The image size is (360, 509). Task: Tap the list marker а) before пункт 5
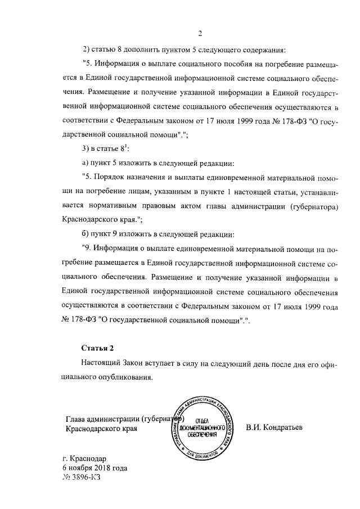[x=86, y=164]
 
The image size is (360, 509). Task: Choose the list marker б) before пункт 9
[x=86, y=234]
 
